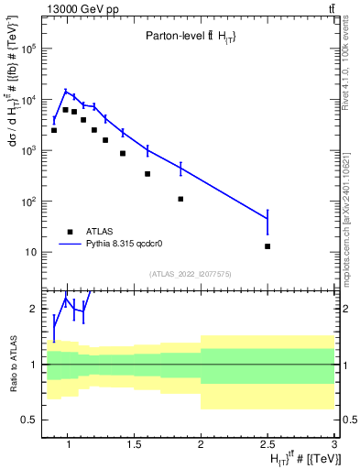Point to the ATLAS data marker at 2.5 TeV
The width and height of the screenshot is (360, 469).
(x=267, y=246)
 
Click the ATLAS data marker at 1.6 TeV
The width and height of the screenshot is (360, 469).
(x=147, y=174)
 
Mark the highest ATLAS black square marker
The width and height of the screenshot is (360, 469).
(x=66, y=110)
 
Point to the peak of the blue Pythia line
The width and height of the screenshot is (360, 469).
(x=66, y=91)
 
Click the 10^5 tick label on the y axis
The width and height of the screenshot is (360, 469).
(x=29, y=49)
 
